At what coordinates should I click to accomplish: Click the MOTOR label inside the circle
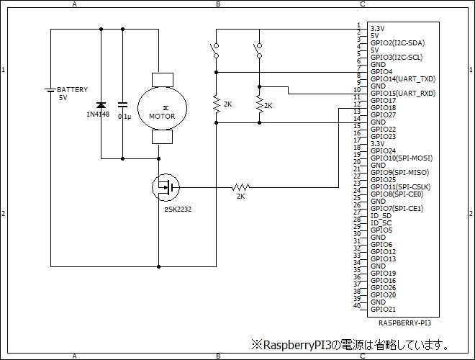pos(162,115)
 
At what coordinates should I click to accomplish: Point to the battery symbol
pos(51,91)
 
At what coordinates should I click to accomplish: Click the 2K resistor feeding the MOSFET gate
pos(240,188)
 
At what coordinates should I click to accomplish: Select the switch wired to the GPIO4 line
pos(215,50)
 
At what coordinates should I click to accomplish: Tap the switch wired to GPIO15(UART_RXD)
pos(258,50)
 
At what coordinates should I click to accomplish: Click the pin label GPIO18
pos(383,108)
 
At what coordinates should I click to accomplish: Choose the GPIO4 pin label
pos(381,72)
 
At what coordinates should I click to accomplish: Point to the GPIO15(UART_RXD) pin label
pos(402,94)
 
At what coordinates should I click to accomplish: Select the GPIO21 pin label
pos(383,310)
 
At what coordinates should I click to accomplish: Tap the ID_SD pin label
pos(381,216)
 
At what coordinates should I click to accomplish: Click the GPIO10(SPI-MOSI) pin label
pos(401,158)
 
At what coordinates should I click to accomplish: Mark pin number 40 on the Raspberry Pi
pos(356,306)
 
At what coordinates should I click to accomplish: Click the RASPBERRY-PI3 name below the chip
pos(404,324)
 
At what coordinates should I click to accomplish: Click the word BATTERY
pos(73,90)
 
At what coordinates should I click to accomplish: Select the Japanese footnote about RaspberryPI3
pos(350,345)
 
